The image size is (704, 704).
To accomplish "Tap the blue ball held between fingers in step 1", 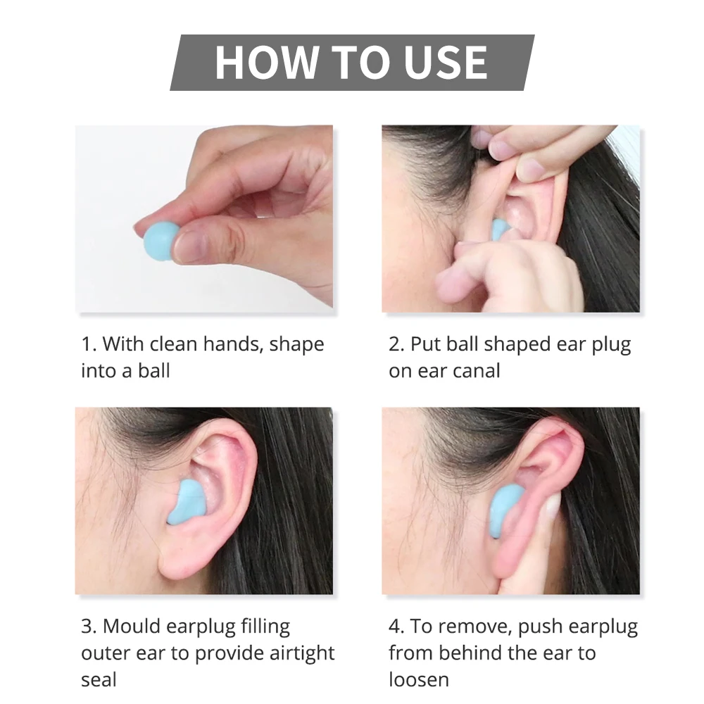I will point(159,240).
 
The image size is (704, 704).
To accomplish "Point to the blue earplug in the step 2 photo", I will point(500,229).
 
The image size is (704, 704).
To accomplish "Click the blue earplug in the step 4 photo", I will point(505,509).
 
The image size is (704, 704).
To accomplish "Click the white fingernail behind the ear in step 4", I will point(554,502).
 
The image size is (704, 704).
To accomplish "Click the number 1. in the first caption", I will point(88,345).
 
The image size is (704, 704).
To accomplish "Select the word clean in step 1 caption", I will point(170,345).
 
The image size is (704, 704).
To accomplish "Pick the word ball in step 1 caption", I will point(153,371).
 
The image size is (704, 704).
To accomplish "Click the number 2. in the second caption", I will point(396,345).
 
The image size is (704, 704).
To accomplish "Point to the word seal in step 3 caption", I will point(99,679).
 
